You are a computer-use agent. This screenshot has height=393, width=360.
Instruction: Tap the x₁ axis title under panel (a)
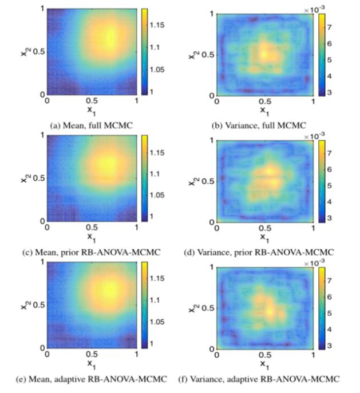[x=92, y=108]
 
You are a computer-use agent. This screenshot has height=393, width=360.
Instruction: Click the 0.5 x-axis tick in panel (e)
[x=91, y=355]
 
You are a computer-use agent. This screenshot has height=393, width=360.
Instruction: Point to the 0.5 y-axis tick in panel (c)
[x=37, y=178]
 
